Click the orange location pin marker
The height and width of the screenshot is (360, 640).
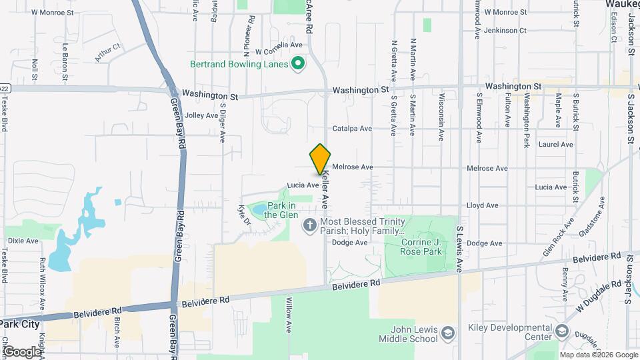point(321,159)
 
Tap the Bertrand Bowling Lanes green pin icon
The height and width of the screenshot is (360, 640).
point(299,65)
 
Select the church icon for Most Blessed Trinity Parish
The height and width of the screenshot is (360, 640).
point(309,226)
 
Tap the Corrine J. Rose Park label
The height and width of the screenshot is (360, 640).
point(422,247)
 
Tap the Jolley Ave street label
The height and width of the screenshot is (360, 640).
point(201,115)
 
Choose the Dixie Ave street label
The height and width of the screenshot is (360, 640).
point(23,240)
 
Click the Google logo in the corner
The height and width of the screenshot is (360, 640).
point(22,351)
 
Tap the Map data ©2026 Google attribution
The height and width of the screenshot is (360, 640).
point(598,355)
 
